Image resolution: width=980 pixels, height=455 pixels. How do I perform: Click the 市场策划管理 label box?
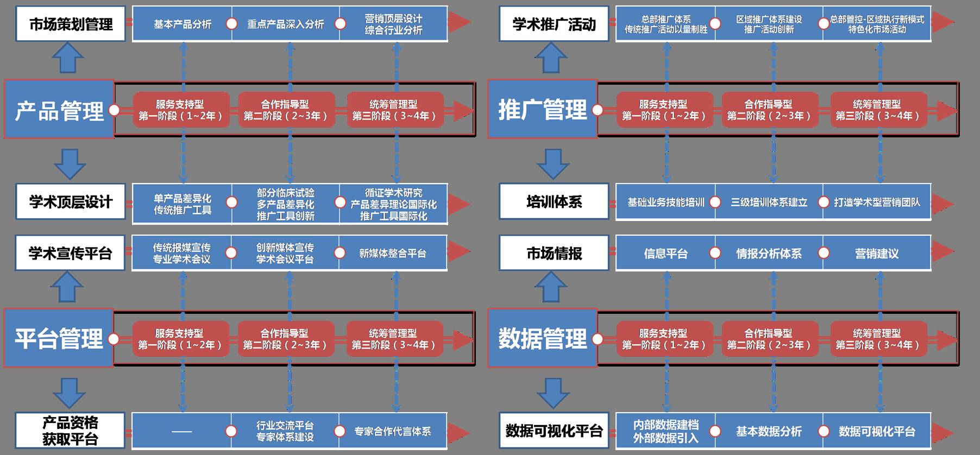[71, 24]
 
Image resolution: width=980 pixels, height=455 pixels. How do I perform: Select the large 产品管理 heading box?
[59, 110]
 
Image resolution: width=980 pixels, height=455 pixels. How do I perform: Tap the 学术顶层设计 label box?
[71, 201]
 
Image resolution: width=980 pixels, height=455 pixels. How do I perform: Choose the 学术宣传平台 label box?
[71, 253]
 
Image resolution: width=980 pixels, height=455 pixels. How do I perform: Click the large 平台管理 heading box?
[59, 338]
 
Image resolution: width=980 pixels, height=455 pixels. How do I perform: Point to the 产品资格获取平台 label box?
[71, 431]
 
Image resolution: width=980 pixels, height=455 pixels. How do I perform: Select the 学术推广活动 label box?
[554, 24]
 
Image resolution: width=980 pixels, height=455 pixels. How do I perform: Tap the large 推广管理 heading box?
[542, 110]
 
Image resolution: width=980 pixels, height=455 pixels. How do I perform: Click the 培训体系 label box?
[554, 201]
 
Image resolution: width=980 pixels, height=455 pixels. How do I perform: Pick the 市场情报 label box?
[554, 253]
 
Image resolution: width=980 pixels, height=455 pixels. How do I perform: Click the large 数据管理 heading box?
[542, 338]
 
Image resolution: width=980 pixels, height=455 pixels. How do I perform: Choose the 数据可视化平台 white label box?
[554, 431]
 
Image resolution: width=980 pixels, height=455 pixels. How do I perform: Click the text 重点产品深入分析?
[286, 24]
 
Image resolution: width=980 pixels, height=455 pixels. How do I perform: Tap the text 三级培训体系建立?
[769, 203]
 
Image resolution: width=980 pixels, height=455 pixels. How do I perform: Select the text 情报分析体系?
[769, 254]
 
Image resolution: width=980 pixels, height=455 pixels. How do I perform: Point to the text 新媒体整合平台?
[393, 254]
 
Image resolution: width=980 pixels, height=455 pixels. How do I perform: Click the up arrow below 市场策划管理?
[68, 58]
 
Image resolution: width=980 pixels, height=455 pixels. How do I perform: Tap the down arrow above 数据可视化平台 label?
[552, 393]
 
